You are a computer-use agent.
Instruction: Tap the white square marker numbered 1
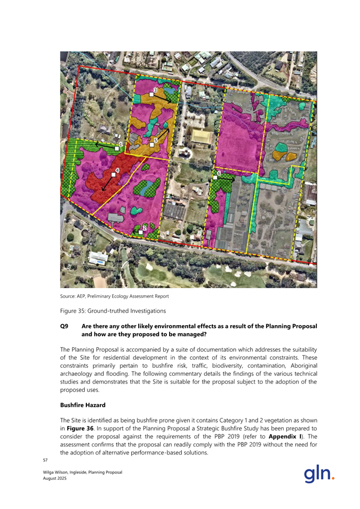[x=117, y=149]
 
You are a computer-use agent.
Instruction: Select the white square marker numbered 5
[x=152, y=144]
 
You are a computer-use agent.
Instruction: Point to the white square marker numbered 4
[x=113, y=174]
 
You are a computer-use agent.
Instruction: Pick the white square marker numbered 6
[x=215, y=177]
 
